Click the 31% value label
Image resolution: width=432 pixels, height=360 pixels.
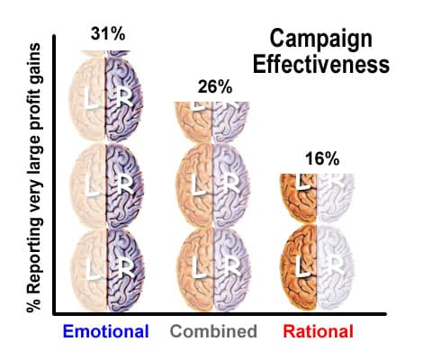point(108,35)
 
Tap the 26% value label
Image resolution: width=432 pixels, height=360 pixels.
point(215,87)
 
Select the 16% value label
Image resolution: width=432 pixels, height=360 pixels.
point(321,158)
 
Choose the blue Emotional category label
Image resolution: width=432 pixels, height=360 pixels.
point(105,331)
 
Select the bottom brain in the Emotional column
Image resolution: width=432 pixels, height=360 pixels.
point(105,267)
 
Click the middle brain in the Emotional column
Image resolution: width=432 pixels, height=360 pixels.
point(105,186)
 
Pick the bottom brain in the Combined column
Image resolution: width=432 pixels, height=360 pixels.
point(212,267)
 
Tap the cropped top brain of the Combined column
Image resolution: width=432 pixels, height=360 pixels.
point(212,117)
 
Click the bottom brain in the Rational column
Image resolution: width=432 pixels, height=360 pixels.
point(319,267)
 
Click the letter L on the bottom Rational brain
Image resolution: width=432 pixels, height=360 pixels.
point(304,267)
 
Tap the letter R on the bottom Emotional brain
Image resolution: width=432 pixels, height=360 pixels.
point(117,267)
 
